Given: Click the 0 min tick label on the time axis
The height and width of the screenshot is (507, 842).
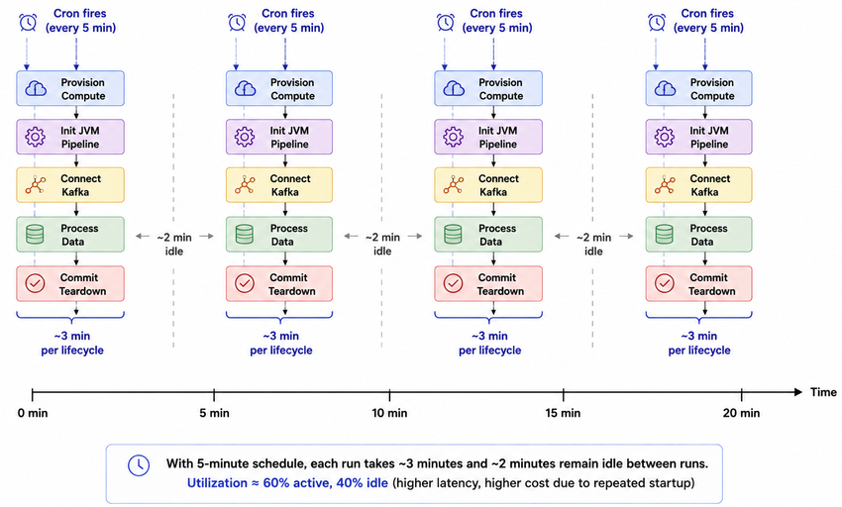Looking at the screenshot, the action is (33, 413).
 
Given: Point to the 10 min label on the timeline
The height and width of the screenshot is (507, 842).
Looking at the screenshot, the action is (389, 413).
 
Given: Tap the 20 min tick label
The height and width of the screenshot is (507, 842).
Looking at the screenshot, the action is (741, 413).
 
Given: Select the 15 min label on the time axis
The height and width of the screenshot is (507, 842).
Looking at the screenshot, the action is (563, 413).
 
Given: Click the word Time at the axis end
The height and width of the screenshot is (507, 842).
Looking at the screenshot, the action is (823, 392).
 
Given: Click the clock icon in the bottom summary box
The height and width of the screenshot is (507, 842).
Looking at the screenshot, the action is (139, 465).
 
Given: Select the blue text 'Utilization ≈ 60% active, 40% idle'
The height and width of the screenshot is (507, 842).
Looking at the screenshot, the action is (287, 483).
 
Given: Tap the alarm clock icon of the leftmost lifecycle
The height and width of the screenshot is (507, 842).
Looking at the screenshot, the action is (28, 23).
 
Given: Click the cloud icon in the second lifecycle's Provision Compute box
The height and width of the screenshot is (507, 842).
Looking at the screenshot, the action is (245, 88).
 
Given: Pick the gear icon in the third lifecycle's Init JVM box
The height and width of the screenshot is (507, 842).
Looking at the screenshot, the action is (454, 137).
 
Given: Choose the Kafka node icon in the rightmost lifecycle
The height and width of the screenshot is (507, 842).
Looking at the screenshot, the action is (665, 185).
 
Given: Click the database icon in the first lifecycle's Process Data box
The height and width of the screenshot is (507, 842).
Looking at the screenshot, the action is (35, 234).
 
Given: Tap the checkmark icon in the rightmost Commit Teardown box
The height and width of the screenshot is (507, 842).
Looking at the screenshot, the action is (665, 283).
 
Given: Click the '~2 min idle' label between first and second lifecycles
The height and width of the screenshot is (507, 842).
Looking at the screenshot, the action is (174, 245).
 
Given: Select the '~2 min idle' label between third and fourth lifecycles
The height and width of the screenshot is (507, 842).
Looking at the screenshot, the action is (593, 245).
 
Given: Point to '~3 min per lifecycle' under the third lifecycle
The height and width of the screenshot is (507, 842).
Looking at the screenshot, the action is (489, 344).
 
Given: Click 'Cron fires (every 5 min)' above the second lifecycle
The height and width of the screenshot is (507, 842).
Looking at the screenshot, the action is (289, 21).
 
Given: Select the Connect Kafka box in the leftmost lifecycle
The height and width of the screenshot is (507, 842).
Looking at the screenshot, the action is (70, 185).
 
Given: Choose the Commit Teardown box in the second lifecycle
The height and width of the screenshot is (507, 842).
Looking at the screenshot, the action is (279, 283).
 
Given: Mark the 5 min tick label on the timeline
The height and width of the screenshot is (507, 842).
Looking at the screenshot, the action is (214, 413).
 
